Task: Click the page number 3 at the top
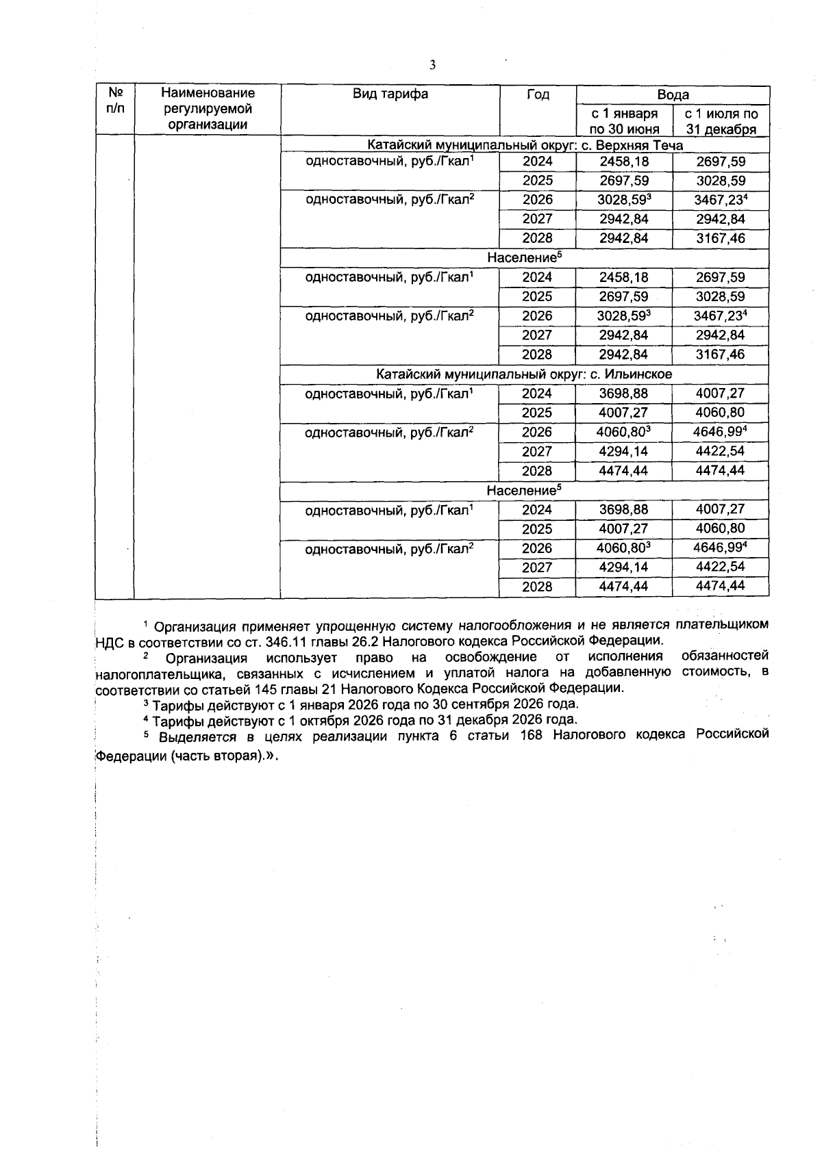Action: coord(432,66)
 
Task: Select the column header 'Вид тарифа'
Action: coord(390,94)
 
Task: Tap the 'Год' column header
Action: coord(538,94)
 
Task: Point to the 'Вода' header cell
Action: coord(673,94)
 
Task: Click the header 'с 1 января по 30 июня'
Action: coord(624,121)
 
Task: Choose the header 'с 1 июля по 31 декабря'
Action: coord(721,121)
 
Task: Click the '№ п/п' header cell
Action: coord(115,100)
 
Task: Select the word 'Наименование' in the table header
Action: coord(208,93)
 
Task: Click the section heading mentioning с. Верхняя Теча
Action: coord(525,145)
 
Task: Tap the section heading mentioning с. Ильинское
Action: coord(525,374)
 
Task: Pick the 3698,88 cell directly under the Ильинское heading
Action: coord(623,394)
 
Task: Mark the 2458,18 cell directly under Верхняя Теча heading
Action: coord(623,162)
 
